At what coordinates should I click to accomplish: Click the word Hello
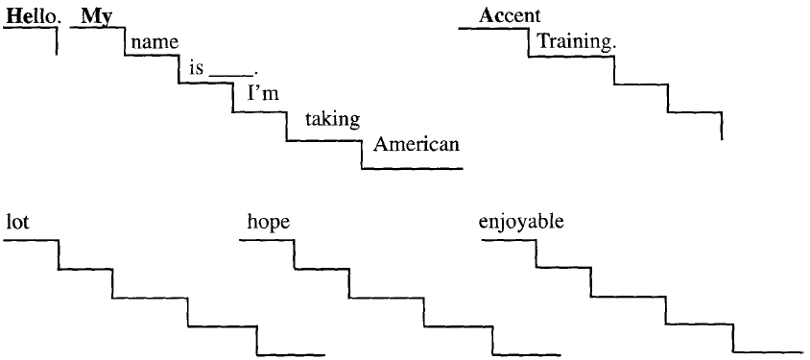pyautogui.click(x=29, y=16)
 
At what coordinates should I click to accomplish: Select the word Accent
pyautogui.click(x=510, y=16)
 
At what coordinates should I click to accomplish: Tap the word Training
pyautogui.click(x=576, y=43)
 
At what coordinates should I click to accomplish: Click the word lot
pyautogui.click(x=18, y=223)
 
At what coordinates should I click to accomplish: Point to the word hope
pyautogui.click(x=269, y=223)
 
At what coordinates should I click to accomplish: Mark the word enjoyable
pyautogui.click(x=521, y=223)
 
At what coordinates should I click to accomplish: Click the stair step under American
pyautogui.click(x=413, y=168)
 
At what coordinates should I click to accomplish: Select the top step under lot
pyautogui.click(x=31, y=240)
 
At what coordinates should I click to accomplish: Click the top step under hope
pyautogui.click(x=266, y=240)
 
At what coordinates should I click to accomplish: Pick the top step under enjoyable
pyautogui.click(x=509, y=240)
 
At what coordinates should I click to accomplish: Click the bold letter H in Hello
pyautogui.click(x=13, y=16)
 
